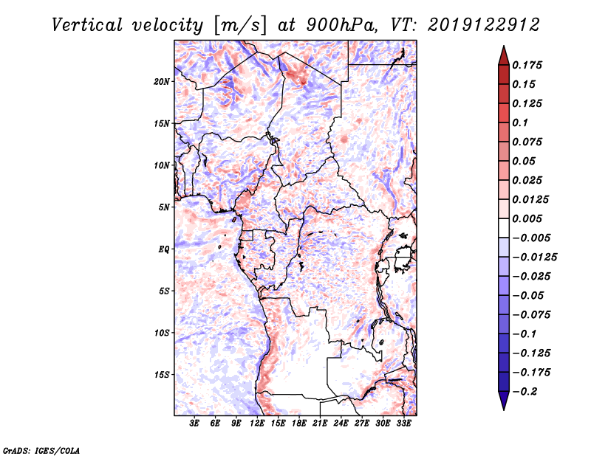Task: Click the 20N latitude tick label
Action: [162, 81]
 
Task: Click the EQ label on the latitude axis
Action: [163, 249]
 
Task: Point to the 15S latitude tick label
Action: [162, 375]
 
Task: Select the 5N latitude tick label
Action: [164, 207]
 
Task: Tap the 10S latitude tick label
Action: [162, 333]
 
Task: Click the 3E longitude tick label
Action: [195, 424]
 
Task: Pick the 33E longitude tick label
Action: [404, 424]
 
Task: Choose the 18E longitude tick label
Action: [300, 424]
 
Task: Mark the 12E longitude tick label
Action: [258, 424]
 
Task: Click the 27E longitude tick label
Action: [362, 424]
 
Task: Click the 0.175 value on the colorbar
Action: [528, 65]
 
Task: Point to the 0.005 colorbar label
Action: [528, 218]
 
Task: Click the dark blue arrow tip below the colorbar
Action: [502, 404]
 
